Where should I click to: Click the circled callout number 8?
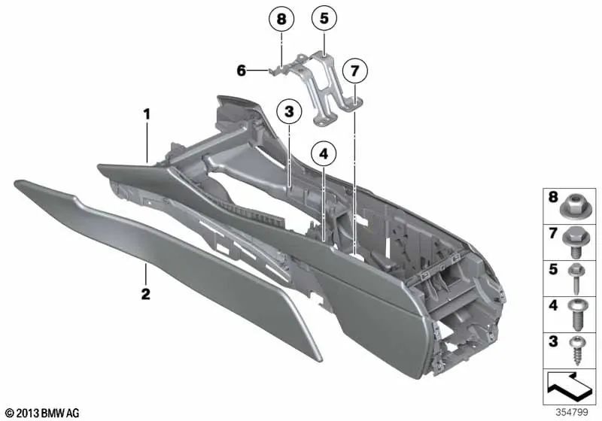pos(282,19)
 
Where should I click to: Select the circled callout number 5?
pos(324,19)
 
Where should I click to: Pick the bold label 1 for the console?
pos(148,114)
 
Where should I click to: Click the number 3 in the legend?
pos(552,342)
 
